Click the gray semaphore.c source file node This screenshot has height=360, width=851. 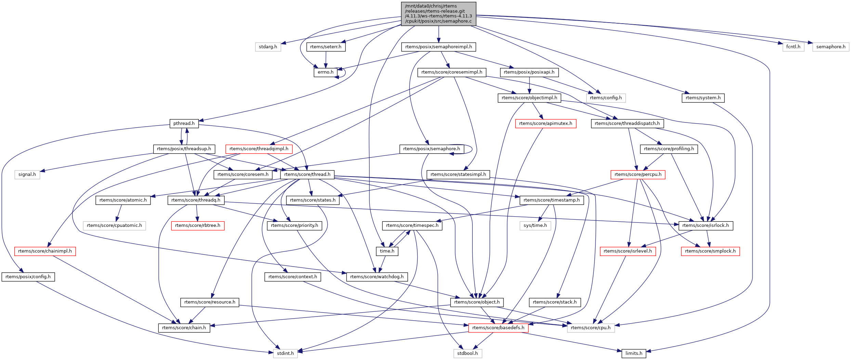(x=438, y=14)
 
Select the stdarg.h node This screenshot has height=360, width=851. (x=268, y=47)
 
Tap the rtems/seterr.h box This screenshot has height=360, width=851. (x=326, y=47)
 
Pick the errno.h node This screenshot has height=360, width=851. (x=325, y=72)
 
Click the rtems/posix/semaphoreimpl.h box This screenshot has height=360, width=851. (x=438, y=47)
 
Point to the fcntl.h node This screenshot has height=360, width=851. (x=793, y=47)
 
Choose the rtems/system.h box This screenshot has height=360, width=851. (x=703, y=98)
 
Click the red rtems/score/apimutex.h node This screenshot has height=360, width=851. (x=546, y=124)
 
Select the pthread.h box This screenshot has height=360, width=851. (x=184, y=124)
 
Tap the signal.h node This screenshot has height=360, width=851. (x=27, y=175)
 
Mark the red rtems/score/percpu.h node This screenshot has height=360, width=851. (x=638, y=175)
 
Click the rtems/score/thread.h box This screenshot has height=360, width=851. (x=307, y=175)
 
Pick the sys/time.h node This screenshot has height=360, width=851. (x=535, y=226)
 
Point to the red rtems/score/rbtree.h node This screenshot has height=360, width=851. (x=198, y=226)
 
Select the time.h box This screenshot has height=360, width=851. (x=387, y=251)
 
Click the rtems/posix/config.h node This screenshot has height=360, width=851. (x=28, y=277)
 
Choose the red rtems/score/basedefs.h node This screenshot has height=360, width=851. (x=498, y=328)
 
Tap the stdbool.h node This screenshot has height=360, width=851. (x=468, y=353)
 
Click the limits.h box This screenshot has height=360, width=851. (x=633, y=353)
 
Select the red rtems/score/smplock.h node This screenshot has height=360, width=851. (x=710, y=251)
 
